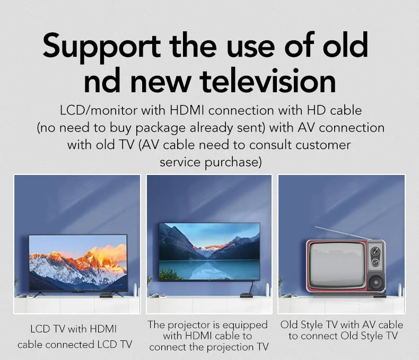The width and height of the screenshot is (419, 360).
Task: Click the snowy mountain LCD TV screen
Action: [x=77, y=263]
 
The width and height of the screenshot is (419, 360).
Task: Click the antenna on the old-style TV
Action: [x=340, y=233]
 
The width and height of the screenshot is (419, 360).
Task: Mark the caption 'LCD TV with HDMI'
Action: [x=73, y=329]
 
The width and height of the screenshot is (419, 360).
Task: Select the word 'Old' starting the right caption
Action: [x=289, y=324]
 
